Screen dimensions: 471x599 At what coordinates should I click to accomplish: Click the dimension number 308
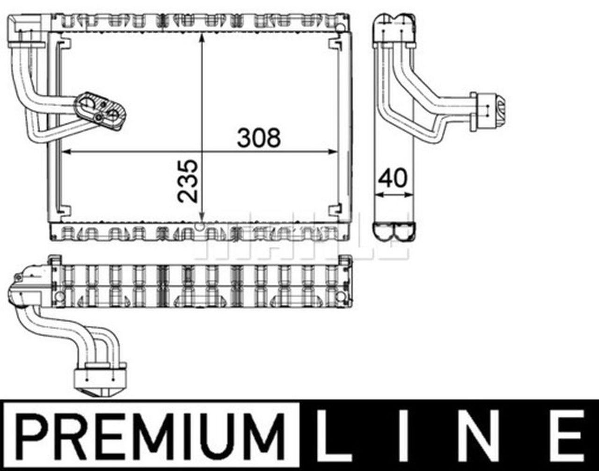[259, 138]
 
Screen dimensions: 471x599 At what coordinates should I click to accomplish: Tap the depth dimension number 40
[393, 178]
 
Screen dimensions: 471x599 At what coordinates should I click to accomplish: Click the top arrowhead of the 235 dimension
[202, 37]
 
